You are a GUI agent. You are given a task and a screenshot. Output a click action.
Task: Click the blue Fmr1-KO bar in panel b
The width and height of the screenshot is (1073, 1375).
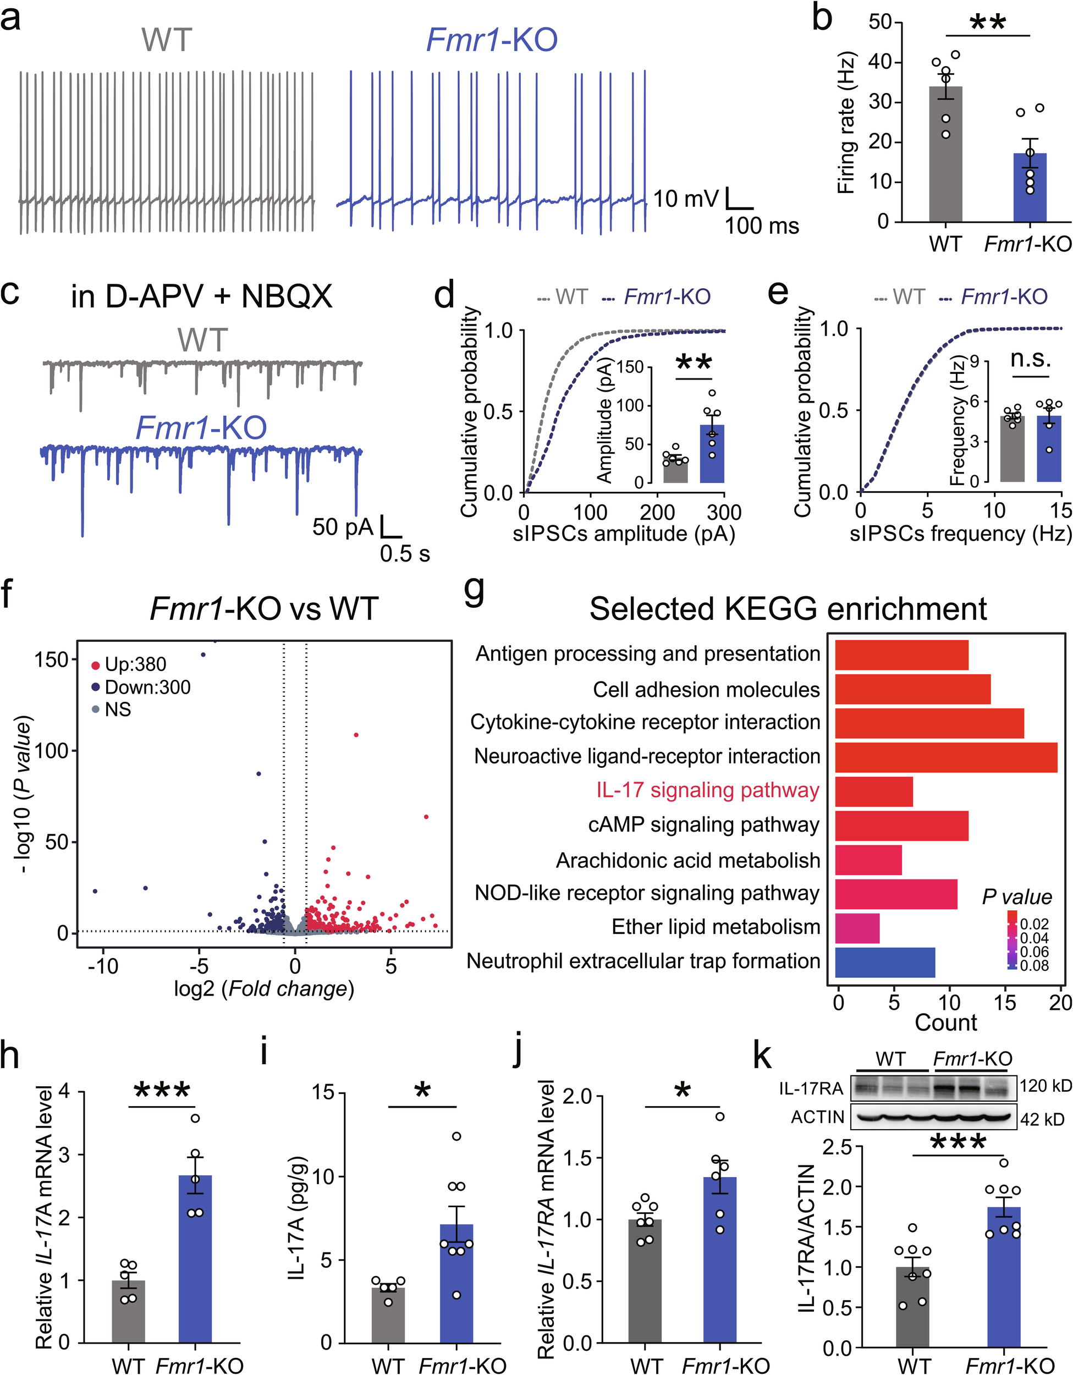(1029, 189)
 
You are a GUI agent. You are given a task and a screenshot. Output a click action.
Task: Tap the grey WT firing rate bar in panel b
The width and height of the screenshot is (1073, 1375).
(945, 157)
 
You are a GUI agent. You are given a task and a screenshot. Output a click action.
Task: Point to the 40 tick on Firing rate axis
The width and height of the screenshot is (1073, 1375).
(879, 62)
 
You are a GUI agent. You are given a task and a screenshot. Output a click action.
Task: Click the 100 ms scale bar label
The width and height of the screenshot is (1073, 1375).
(761, 226)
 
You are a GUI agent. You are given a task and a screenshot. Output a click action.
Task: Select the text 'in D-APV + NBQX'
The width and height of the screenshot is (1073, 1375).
(201, 296)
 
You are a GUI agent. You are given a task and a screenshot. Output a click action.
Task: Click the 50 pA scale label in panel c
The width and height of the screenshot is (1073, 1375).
(343, 527)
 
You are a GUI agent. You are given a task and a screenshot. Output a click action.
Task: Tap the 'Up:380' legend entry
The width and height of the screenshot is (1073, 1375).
(135, 664)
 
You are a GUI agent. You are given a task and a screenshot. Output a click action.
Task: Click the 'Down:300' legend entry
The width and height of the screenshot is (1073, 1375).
(147, 687)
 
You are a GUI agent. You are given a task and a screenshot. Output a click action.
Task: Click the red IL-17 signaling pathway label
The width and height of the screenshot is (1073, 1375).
(708, 790)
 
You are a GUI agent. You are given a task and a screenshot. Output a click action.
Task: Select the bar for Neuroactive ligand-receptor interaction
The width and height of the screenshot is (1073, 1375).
(945, 757)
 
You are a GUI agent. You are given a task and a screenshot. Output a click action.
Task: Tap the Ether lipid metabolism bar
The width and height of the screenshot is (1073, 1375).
(857, 928)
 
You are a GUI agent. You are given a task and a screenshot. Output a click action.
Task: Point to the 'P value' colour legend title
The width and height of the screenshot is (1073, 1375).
(1017, 897)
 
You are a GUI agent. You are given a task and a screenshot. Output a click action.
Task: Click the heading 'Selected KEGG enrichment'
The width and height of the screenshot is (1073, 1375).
(788, 609)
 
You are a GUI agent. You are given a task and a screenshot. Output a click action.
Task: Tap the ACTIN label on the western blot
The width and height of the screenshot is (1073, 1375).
(817, 1117)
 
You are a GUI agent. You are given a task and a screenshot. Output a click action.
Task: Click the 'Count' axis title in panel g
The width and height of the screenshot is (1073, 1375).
(945, 1022)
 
